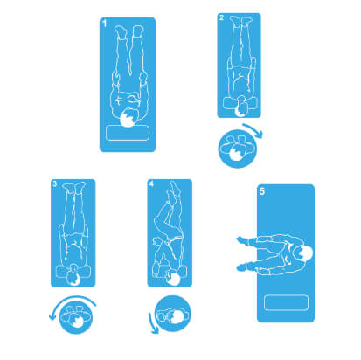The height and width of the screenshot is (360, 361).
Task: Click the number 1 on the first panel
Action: pos(105,23)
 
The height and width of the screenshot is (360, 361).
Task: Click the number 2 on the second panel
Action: pos(221,18)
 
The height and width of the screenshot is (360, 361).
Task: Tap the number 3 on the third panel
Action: pos(54,184)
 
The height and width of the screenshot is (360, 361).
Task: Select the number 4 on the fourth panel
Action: pos(151,184)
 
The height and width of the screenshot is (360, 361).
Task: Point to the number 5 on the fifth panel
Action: pos(262,191)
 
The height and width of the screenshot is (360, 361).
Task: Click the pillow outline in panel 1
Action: pos(128,133)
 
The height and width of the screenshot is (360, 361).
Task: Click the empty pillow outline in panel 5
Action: pos(286,303)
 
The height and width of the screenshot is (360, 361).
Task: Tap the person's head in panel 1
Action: pos(128,118)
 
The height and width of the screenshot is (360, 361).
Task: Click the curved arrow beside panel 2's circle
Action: pos(254,129)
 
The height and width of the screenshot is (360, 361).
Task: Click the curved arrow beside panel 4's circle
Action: pos(152,323)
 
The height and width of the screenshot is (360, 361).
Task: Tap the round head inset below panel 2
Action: pos(238,149)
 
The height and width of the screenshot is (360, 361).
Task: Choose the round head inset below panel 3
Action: pos(76,317)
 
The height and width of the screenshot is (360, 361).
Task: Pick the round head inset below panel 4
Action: pos(172,314)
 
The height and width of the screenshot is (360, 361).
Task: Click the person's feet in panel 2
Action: pos(241,21)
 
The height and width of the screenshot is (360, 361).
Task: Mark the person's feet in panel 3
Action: pos(74,187)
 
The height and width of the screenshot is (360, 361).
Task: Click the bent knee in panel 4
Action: pos(160,216)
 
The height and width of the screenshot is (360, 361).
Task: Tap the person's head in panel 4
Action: pos(174,279)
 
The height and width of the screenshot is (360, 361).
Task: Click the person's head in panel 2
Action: pos(241,107)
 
